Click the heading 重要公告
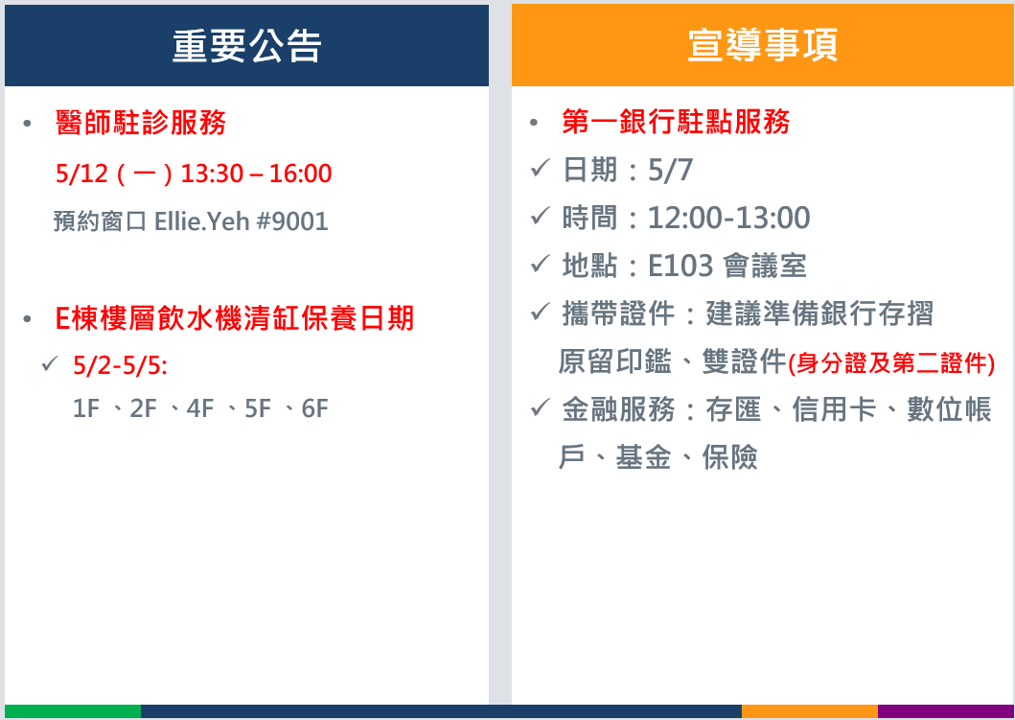(246, 46)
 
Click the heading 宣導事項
(763, 45)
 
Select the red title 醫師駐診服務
(141, 123)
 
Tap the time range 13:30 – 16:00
(256, 174)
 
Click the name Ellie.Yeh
(202, 221)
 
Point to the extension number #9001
(292, 221)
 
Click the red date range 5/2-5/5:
(121, 366)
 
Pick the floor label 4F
(200, 408)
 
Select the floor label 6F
(315, 408)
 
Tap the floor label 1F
(86, 408)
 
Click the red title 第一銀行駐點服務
(676, 122)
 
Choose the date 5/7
(671, 171)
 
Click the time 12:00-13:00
(728, 218)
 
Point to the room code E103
(681, 266)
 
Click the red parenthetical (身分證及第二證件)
(891, 363)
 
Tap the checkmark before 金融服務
(540, 407)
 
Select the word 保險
(729, 457)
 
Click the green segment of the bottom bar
(73, 711)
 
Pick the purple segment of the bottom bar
(946, 711)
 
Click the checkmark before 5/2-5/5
(50, 363)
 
